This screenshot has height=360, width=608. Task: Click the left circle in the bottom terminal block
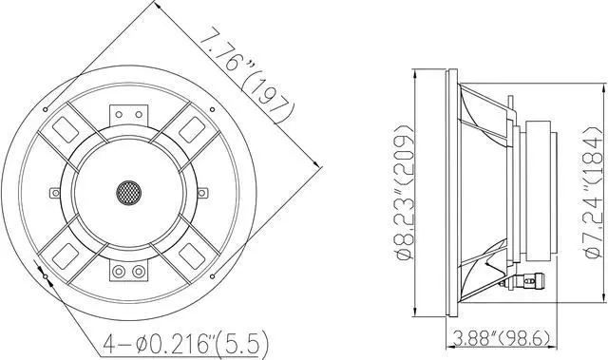tap(119, 273)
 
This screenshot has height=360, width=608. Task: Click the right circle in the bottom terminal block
tap(138, 273)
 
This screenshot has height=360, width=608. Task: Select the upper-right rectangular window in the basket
tap(193, 126)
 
